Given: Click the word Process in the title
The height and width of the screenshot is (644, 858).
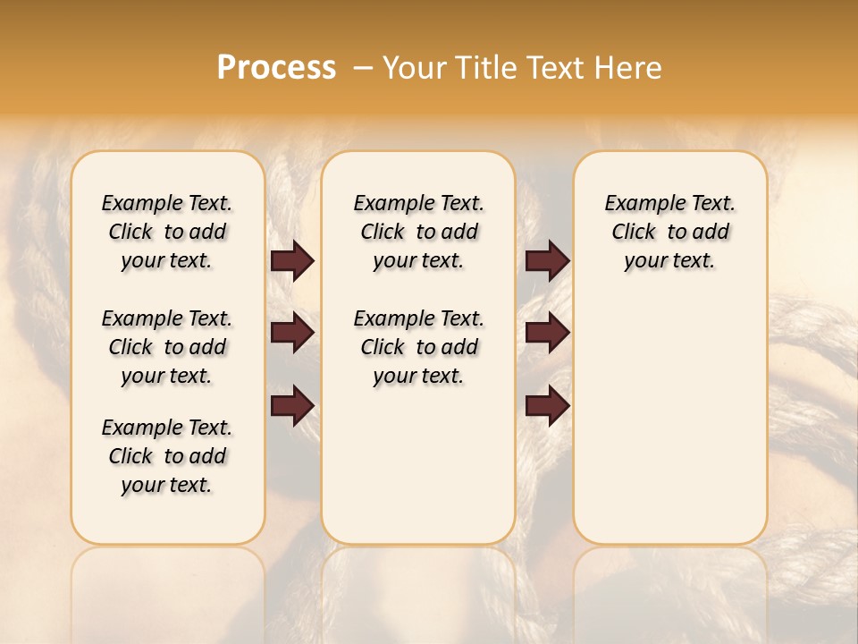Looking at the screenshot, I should [x=276, y=68].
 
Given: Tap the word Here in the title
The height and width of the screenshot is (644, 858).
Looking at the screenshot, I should [x=627, y=68].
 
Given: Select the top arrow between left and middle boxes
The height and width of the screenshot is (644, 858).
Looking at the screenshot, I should [x=292, y=261].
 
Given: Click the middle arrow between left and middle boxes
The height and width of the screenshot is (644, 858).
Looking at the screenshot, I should [x=292, y=333].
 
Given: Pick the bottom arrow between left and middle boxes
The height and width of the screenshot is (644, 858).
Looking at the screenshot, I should [x=292, y=405].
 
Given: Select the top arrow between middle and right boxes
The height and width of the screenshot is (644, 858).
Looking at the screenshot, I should [x=547, y=261].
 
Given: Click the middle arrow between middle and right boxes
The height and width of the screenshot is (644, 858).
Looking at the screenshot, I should [x=547, y=333].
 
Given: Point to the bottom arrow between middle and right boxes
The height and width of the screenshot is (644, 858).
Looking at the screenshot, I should [x=547, y=405].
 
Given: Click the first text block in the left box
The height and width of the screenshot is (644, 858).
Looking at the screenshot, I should [x=167, y=232].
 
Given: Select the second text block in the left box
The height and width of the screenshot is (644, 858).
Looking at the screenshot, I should [x=167, y=347].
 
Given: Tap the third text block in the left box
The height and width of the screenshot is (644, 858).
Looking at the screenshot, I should [x=167, y=456].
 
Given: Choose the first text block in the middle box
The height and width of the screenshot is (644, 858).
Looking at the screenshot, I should [x=418, y=232].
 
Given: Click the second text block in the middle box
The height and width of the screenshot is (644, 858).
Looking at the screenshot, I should [x=418, y=347].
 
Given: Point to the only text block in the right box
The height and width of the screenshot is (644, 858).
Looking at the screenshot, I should [x=669, y=232].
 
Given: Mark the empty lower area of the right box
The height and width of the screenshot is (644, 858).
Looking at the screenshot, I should [x=669, y=420].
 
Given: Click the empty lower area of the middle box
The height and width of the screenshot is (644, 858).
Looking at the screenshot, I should [x=418, y=465].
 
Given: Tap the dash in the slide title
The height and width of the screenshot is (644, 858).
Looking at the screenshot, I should [x=363, y=68].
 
